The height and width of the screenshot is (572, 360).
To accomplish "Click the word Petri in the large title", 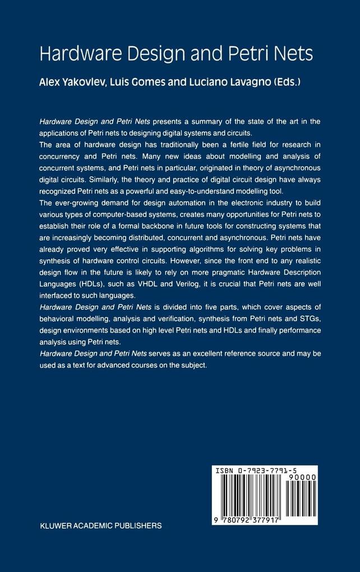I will (x=247, y=54).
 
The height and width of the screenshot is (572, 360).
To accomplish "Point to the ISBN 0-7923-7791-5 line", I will (x=265, y=472).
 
